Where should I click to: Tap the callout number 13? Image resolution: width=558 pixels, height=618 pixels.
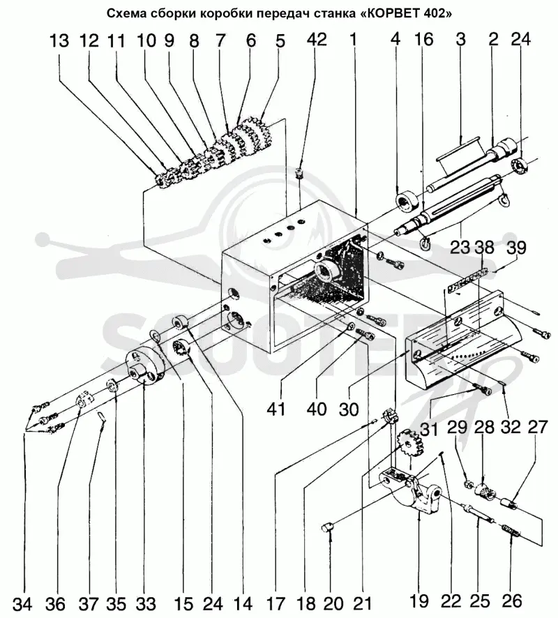[59, 41]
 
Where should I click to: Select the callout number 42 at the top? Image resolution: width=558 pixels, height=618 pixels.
[317, 40]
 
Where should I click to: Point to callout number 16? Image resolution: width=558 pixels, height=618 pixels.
[424, 40]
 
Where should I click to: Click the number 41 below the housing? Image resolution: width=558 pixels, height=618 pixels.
[276, 409]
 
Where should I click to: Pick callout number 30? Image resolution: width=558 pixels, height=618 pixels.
[349, 409]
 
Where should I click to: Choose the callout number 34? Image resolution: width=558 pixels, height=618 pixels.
[23, 603]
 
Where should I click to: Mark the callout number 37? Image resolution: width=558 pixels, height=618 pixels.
[89, 603]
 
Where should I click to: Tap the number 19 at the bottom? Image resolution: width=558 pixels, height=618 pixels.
[418, 601]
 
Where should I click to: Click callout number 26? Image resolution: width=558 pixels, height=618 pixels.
[512, 601]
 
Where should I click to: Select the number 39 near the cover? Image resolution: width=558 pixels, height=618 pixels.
[516, 248]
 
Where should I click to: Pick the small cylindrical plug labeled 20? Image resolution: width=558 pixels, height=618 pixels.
[327, 526]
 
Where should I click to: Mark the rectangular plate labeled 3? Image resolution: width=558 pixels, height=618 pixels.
[458, 153]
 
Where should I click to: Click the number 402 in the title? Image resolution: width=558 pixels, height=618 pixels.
[435, 13]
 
